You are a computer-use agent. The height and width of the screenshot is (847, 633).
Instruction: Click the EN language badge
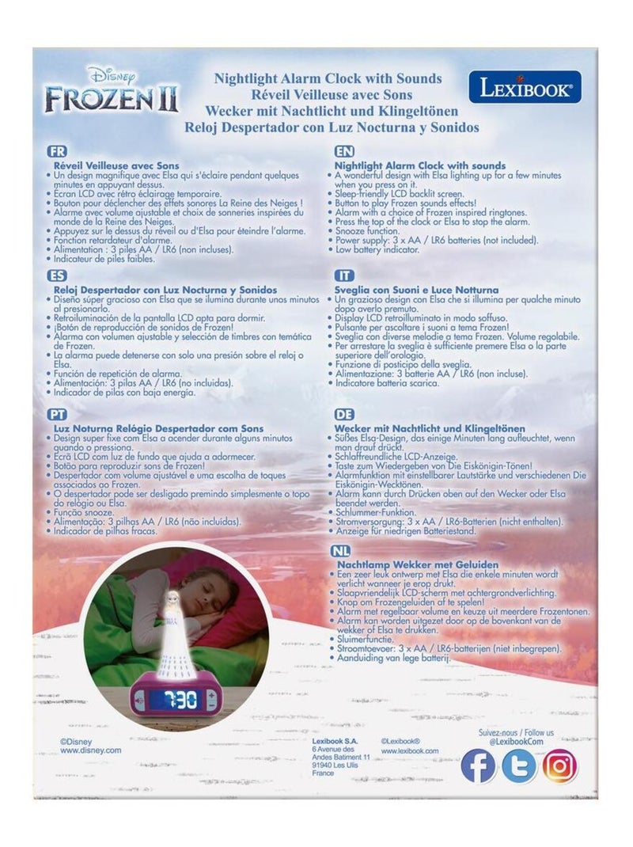(345, 150)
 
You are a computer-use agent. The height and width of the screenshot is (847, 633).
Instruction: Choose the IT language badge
(344, 276)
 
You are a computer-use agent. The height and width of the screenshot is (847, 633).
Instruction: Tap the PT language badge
(57, 413)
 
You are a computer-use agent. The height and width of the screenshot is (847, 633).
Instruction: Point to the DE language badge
(344, 413)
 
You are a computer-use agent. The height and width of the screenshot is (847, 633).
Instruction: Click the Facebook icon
(478, 765)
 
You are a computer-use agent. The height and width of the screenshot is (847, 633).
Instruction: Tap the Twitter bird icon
(519, 765)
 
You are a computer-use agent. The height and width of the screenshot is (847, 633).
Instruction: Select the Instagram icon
(560, 765)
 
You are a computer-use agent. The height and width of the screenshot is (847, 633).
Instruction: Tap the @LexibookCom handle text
(519, 743)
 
